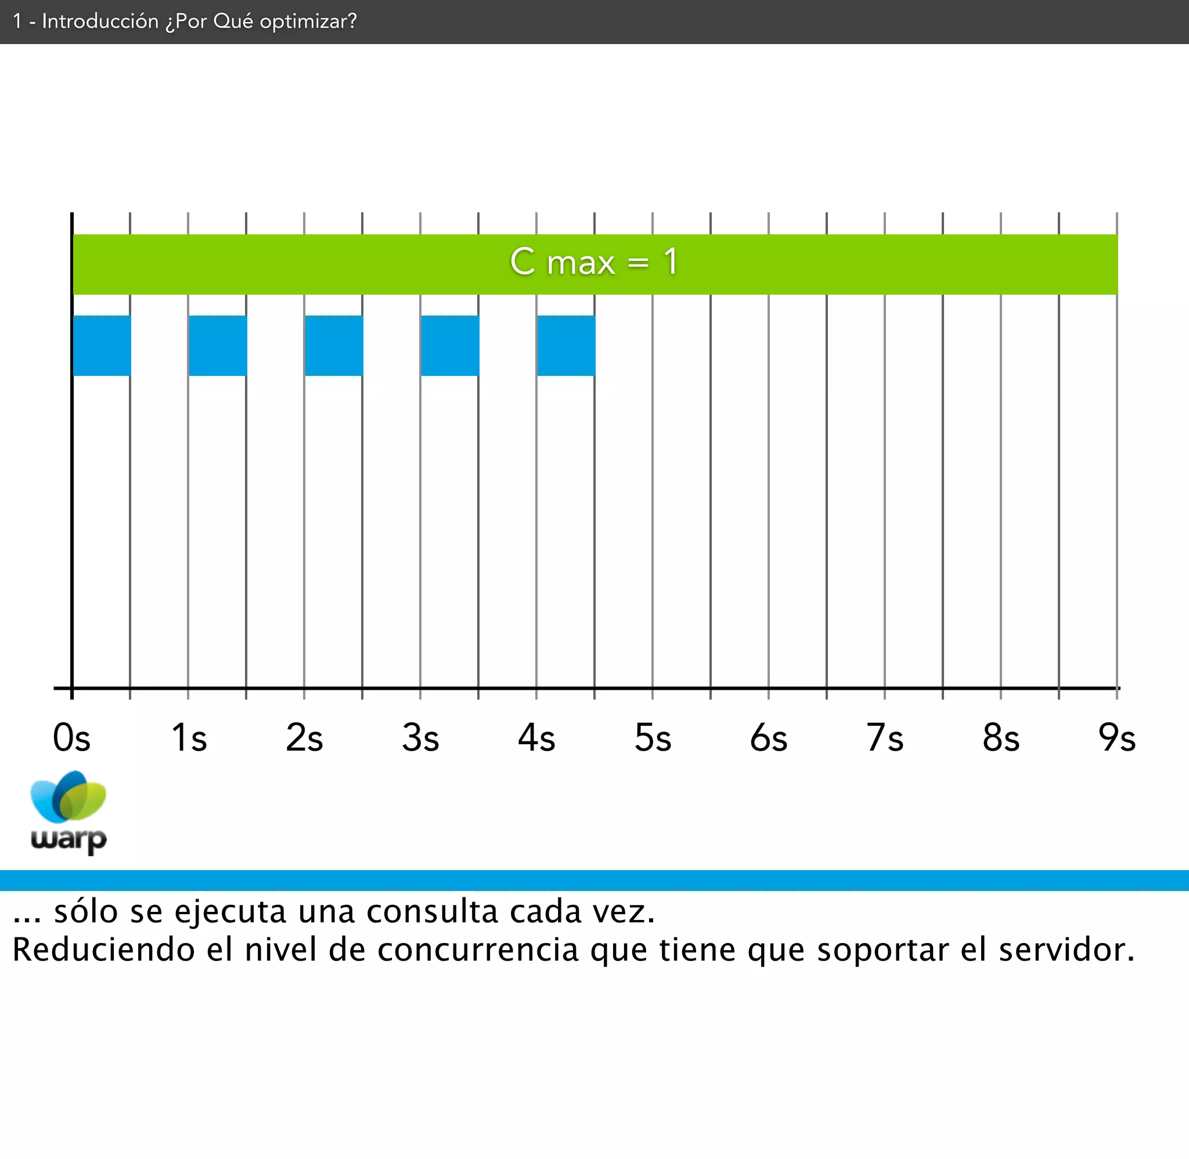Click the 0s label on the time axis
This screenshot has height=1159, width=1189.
point(72,738)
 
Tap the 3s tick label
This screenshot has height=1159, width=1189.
point(420,738)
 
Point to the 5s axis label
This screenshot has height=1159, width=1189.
point(653,738)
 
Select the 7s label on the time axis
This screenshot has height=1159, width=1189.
point(885,738)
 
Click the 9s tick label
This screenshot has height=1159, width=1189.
point(1117,738)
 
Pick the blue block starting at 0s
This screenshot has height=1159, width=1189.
point(102,345)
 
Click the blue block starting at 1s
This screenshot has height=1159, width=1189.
point(218,345)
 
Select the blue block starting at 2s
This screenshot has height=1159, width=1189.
point(334,345)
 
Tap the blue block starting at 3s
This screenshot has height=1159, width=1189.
point(449,345)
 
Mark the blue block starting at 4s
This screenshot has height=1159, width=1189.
point(566,345)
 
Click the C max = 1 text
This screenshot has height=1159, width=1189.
point(594,262)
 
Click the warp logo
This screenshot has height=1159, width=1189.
point(69,813)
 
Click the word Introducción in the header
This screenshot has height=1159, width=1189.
point(100,21)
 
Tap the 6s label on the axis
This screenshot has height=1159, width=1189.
point(769,738)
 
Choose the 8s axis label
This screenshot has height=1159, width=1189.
point(1001,738)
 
